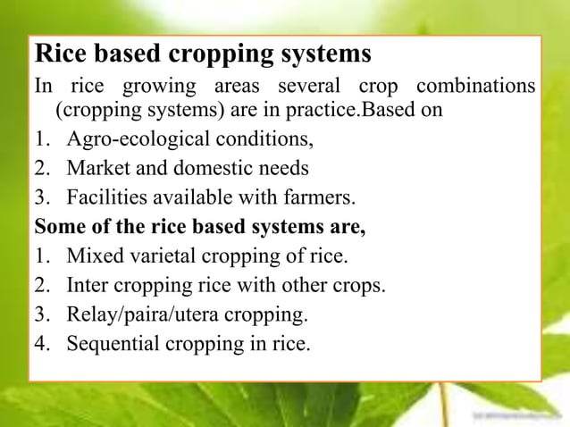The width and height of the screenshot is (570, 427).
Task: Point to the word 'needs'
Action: coord(284,169)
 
